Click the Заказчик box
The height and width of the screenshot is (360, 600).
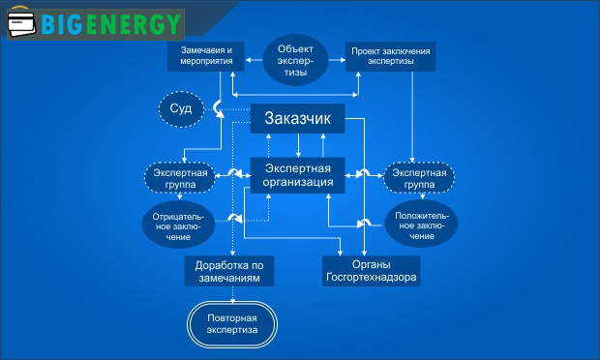click(298, 120)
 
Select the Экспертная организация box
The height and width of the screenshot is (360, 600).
click(299, 174)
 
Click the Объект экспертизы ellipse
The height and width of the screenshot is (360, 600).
click(294, 61)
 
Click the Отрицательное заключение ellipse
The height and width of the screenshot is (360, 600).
click(177, 224)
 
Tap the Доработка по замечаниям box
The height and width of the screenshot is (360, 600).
click(229, 270)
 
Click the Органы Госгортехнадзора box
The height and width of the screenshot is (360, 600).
click(372, 270)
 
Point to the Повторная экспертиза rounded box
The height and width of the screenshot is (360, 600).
click(231, 323)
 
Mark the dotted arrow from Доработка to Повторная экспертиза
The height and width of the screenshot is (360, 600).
click(231, 294)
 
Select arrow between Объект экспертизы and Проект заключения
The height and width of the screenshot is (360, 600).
click(336, 57)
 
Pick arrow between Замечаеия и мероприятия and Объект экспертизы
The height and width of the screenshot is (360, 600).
click(254, 57)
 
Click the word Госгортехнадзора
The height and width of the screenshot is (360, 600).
click(372, 277)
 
